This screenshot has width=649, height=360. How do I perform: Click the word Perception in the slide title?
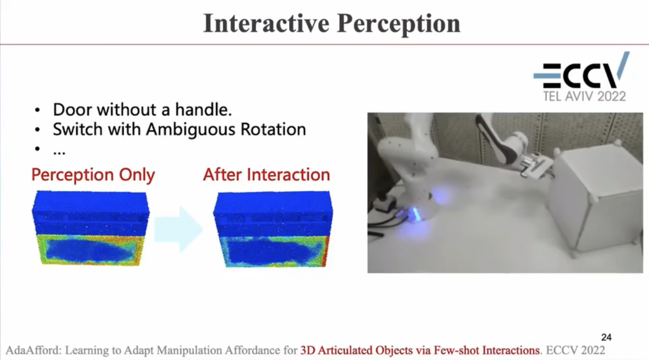(399, 25)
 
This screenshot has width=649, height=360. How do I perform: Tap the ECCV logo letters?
(581, 70)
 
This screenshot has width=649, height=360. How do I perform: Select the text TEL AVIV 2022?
(585, 96)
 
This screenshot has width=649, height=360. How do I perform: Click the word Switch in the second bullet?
(78, 129)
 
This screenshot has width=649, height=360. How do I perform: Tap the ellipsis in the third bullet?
(59, 153)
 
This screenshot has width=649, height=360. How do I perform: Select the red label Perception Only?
(93, 175)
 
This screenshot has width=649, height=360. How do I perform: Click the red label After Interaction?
(266, 175)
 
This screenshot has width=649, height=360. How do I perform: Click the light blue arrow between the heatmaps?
(179, 229)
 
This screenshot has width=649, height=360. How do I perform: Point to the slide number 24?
(607, 337)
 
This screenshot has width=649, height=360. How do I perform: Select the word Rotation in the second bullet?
(273, 129)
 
